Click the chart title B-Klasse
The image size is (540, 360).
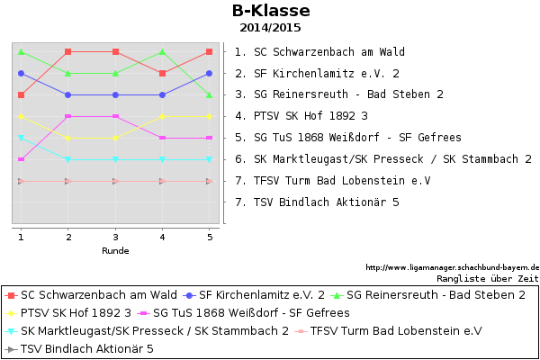pos(271,10)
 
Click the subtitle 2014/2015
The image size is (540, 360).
pos(270,28)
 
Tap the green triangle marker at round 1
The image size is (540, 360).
pos(21,51)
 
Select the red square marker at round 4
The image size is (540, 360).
pos(163,74)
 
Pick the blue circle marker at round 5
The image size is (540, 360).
pos(209,74)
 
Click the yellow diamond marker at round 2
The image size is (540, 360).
pos(68,138)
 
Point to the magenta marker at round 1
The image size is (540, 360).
pos(21,159)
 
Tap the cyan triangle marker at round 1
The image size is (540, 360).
pos(21,138)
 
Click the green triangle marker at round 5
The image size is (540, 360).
pos(209,94)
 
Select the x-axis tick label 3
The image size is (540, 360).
pos(115,237)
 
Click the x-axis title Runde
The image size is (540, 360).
pos(115,251)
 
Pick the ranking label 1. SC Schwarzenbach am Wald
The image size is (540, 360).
pos(319,52)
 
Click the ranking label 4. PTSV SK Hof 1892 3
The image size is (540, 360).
pos(301,116)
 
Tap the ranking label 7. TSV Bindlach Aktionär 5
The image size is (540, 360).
pos(317,202)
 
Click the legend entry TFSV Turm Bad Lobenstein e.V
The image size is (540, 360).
pos(389,331)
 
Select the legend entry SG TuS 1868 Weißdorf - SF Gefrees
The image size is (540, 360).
pos(244,313)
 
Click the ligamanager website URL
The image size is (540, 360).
pos(453,267)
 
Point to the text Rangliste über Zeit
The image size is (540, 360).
pos(488,278)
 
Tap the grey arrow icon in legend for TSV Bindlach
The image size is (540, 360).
pos(12,349)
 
